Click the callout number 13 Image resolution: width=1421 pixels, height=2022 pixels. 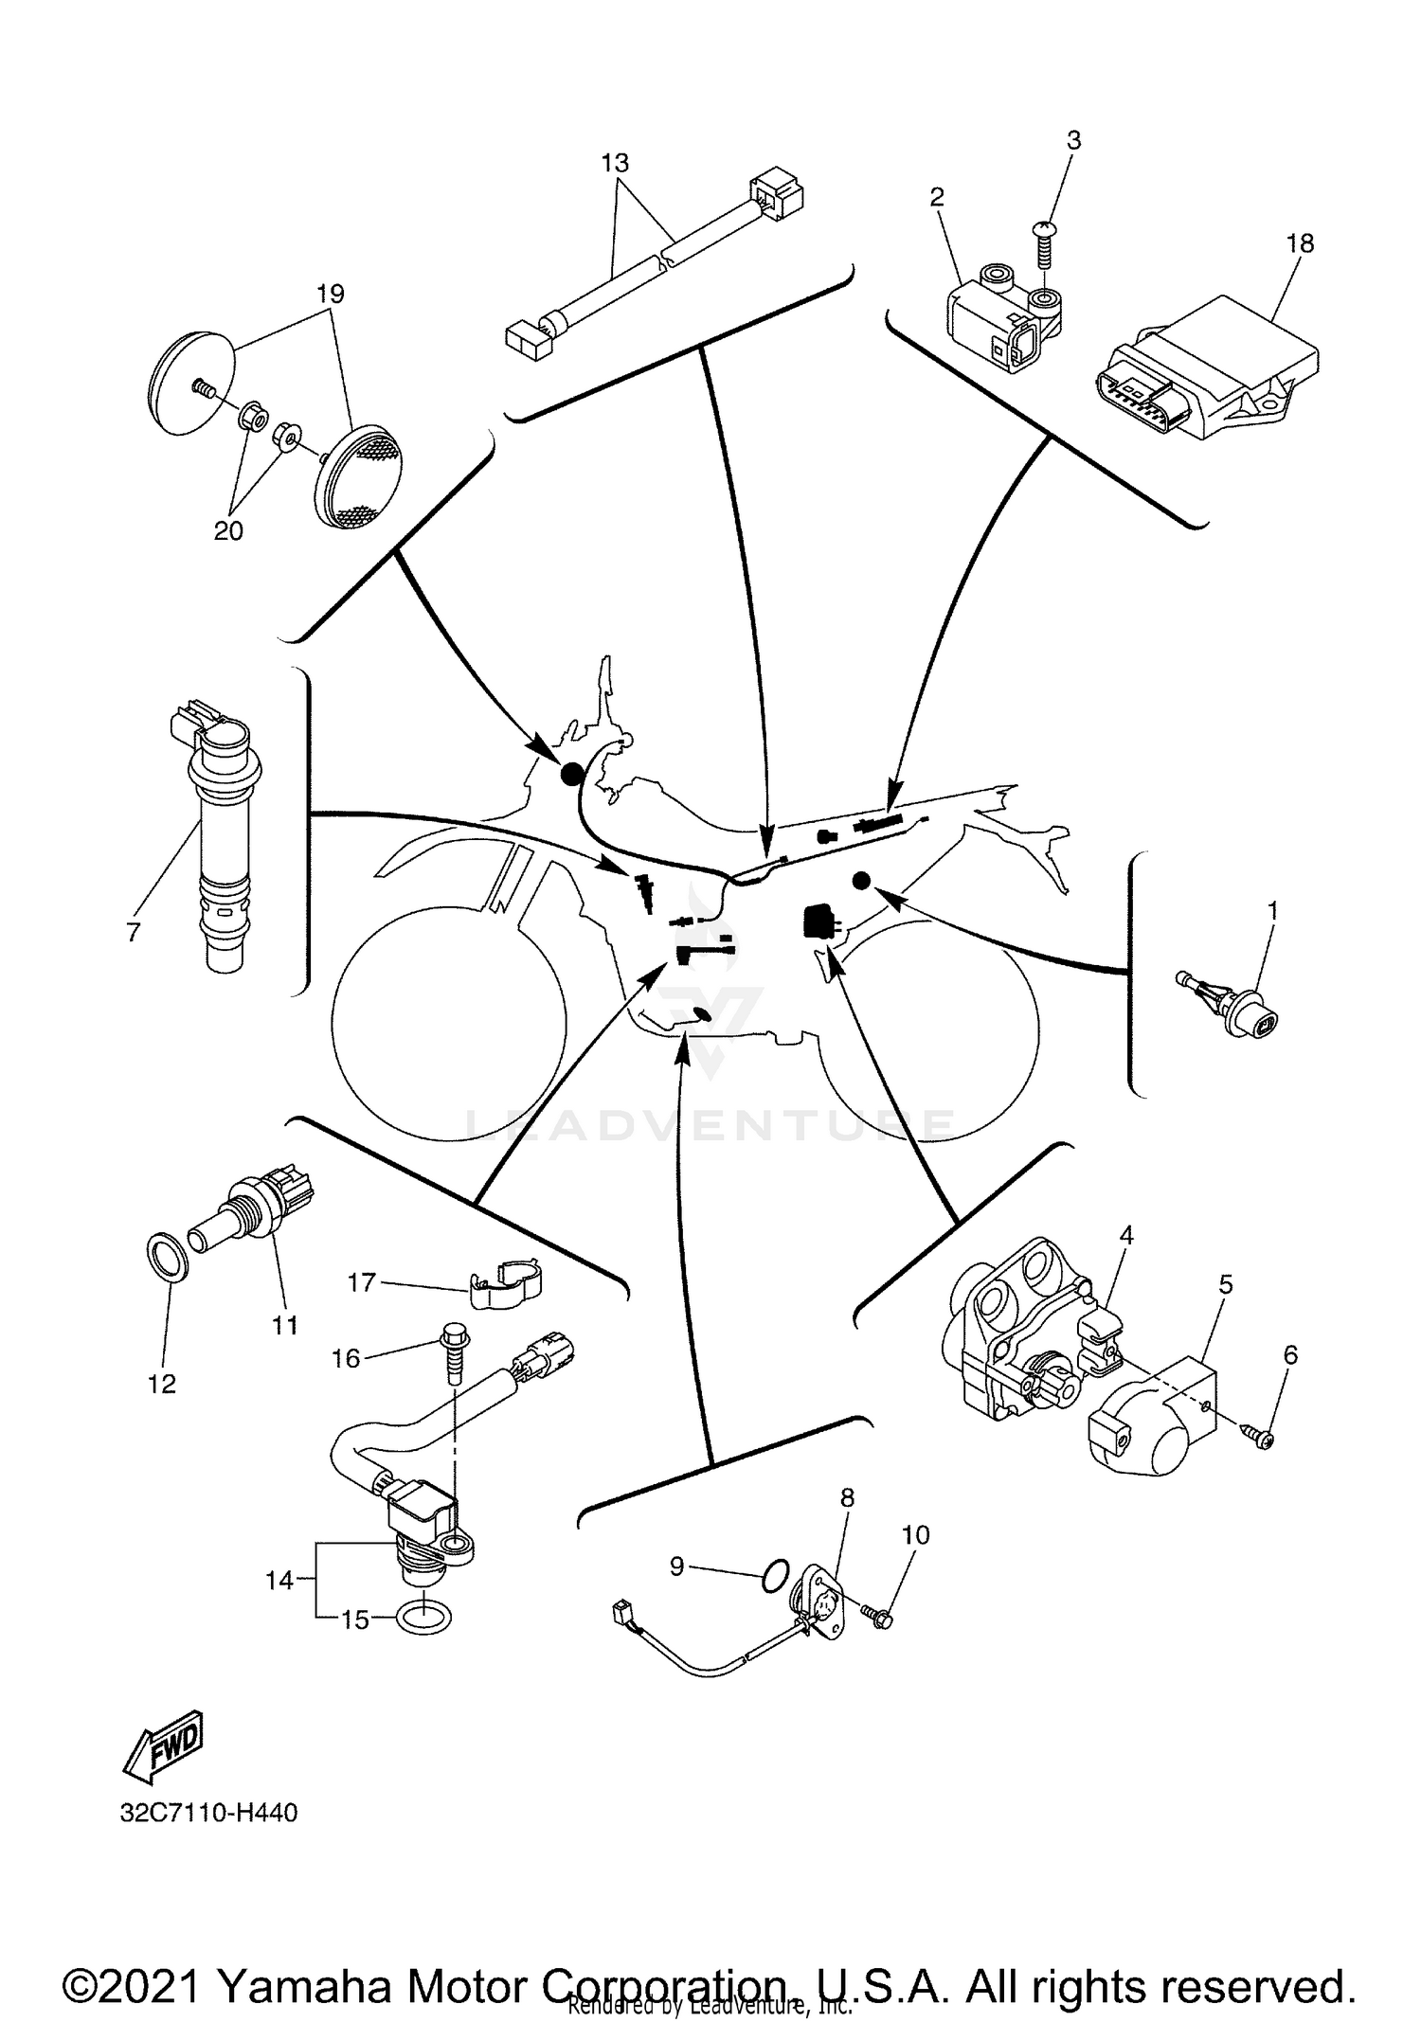615,163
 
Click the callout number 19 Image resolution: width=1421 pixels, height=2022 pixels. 330,294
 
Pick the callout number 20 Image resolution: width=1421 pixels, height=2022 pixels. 228,531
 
